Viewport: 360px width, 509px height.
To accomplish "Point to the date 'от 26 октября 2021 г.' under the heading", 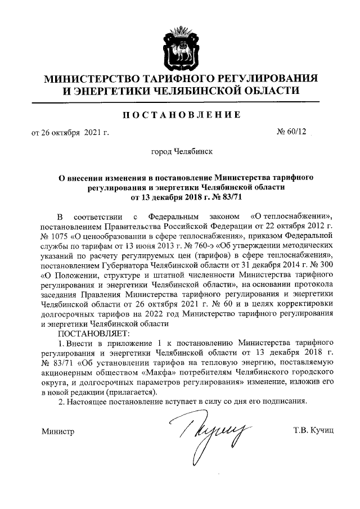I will pos(69,133).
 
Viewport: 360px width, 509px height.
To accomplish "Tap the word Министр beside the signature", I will pos(58,431).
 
